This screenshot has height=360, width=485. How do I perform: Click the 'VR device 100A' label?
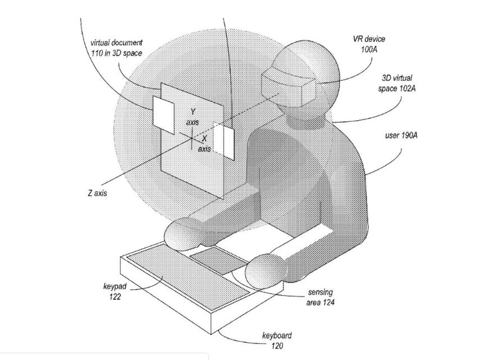click(x=369, y=44)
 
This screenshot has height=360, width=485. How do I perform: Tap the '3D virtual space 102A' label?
click(x=396, y=83)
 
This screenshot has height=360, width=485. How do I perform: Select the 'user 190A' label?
click(x=401, y=135)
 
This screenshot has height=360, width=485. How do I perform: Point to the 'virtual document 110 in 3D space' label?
click(x=116, y=48)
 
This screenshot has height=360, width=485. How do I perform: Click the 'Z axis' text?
click(x=97, y=193)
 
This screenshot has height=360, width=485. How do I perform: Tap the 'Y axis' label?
click(x=193, y=117)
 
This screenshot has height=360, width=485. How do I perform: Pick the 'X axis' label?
click(x=204, y=144)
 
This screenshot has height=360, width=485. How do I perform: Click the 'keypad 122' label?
click(x=115, y=291)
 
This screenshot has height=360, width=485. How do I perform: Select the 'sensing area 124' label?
click(x=320, y=297)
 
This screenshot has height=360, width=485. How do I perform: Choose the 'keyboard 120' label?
click(x=277, y=340)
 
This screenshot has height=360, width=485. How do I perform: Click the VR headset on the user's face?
click(x=289, y=87)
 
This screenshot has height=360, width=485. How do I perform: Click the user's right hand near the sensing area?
click(x=264, y=271)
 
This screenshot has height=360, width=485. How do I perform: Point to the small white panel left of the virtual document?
click(x=163, y=115)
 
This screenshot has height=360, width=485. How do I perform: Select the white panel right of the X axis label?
click(x=223, y=141)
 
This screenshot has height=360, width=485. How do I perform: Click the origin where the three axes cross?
click(x=192, y=138)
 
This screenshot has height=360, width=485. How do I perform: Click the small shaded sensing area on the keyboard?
click(x=218, y=261)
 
